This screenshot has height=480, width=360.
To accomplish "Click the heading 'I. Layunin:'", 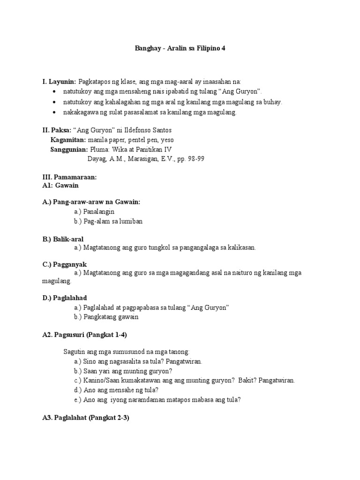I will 59,82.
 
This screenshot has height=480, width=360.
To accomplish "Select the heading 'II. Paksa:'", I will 57,129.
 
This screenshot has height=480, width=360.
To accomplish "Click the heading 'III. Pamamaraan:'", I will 69,178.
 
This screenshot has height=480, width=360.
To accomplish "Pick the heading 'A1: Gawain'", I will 60,186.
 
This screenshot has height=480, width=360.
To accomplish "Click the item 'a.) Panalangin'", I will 94,211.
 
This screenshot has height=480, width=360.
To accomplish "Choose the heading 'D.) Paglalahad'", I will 65,298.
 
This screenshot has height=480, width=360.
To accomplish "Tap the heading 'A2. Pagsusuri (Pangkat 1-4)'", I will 85,334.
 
